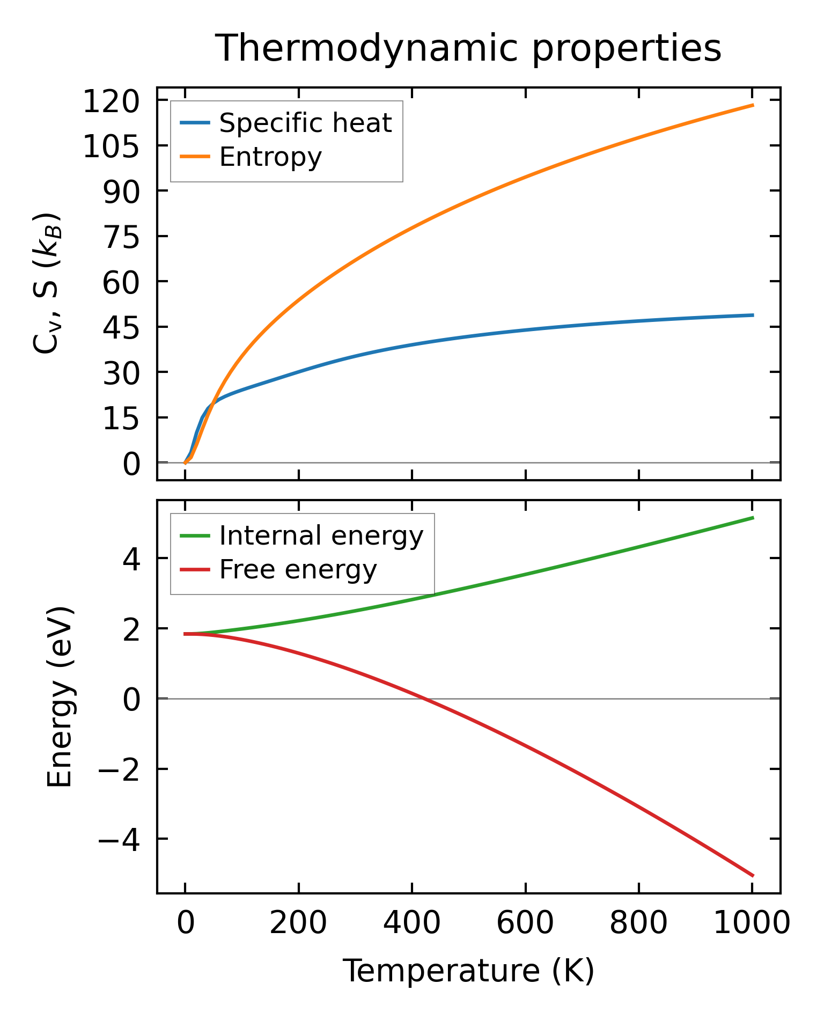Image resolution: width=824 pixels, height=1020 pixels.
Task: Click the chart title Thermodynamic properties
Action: point(468,49)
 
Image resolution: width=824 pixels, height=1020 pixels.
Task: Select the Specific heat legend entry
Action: point(305,123)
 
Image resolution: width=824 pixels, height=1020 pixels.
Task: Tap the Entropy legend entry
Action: point(270,157)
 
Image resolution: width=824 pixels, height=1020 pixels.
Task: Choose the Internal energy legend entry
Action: point(321,535)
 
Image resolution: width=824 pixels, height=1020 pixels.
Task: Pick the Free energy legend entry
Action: point(298,569)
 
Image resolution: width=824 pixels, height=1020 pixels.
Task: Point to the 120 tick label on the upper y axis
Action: point(111,101)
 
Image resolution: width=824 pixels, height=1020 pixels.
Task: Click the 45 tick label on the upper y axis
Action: point(121,327)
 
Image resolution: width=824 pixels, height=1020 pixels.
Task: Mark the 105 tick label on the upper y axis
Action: point(111,146)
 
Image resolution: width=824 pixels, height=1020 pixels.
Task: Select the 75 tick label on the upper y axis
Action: point(121,237)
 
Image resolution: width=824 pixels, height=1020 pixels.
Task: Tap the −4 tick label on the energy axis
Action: point(119,839)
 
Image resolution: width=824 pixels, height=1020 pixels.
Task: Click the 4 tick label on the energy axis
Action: point(131,559)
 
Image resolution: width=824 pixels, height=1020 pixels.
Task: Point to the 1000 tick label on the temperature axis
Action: point(752,924)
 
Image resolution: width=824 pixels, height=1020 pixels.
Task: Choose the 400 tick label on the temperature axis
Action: point(411,924)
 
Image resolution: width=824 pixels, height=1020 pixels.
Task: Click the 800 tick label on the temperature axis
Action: point(638,924)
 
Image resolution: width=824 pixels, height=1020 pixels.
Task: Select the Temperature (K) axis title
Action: point(468,971)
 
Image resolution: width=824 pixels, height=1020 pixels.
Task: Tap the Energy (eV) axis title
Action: point(60,697)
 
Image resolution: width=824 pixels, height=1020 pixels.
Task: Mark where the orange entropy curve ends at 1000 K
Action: point(753,105)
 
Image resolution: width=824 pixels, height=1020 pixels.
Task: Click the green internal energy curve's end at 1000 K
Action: point(753,518)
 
